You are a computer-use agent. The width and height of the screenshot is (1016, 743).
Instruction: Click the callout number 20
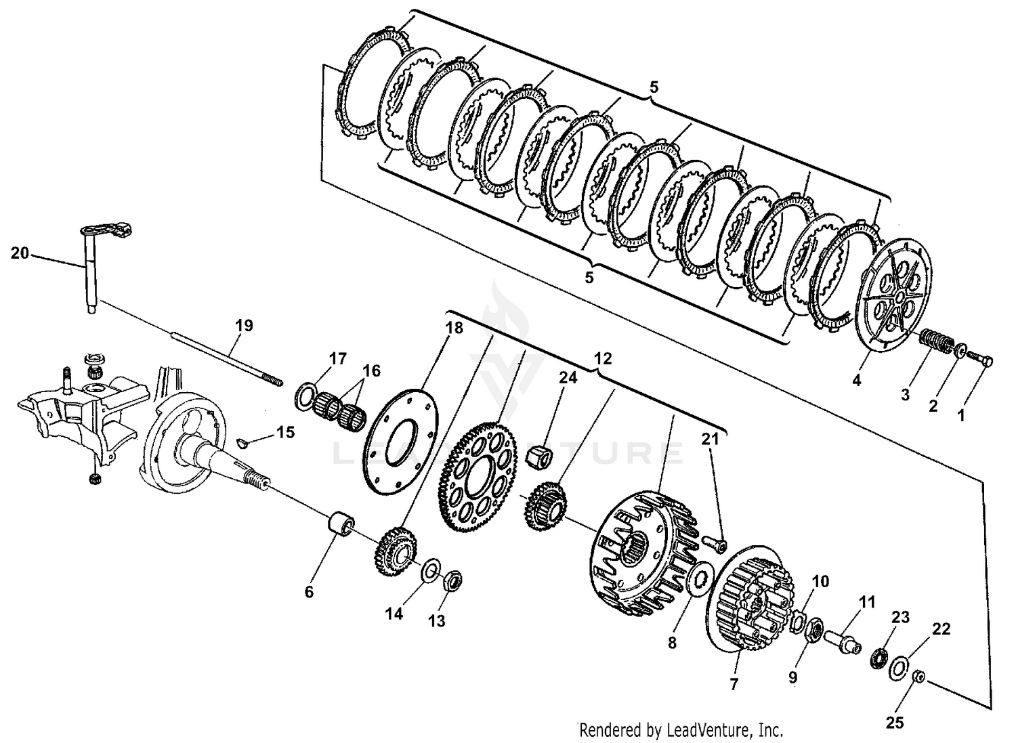point(20,253)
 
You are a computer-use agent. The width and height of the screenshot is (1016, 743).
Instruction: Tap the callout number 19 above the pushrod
point(244,325)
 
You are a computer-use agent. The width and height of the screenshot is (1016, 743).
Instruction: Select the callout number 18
point(454,328)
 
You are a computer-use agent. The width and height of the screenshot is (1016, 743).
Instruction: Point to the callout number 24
point(568,377)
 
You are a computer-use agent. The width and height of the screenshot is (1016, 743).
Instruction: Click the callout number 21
point(709,439)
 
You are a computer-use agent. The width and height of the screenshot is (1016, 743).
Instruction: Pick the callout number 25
point(895,723)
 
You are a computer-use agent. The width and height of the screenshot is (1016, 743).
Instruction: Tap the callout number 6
point(309,592)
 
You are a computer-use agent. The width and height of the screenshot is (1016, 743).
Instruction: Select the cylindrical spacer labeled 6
point(341,526)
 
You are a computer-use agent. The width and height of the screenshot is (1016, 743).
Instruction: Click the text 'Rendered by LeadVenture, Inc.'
point(681,730)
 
